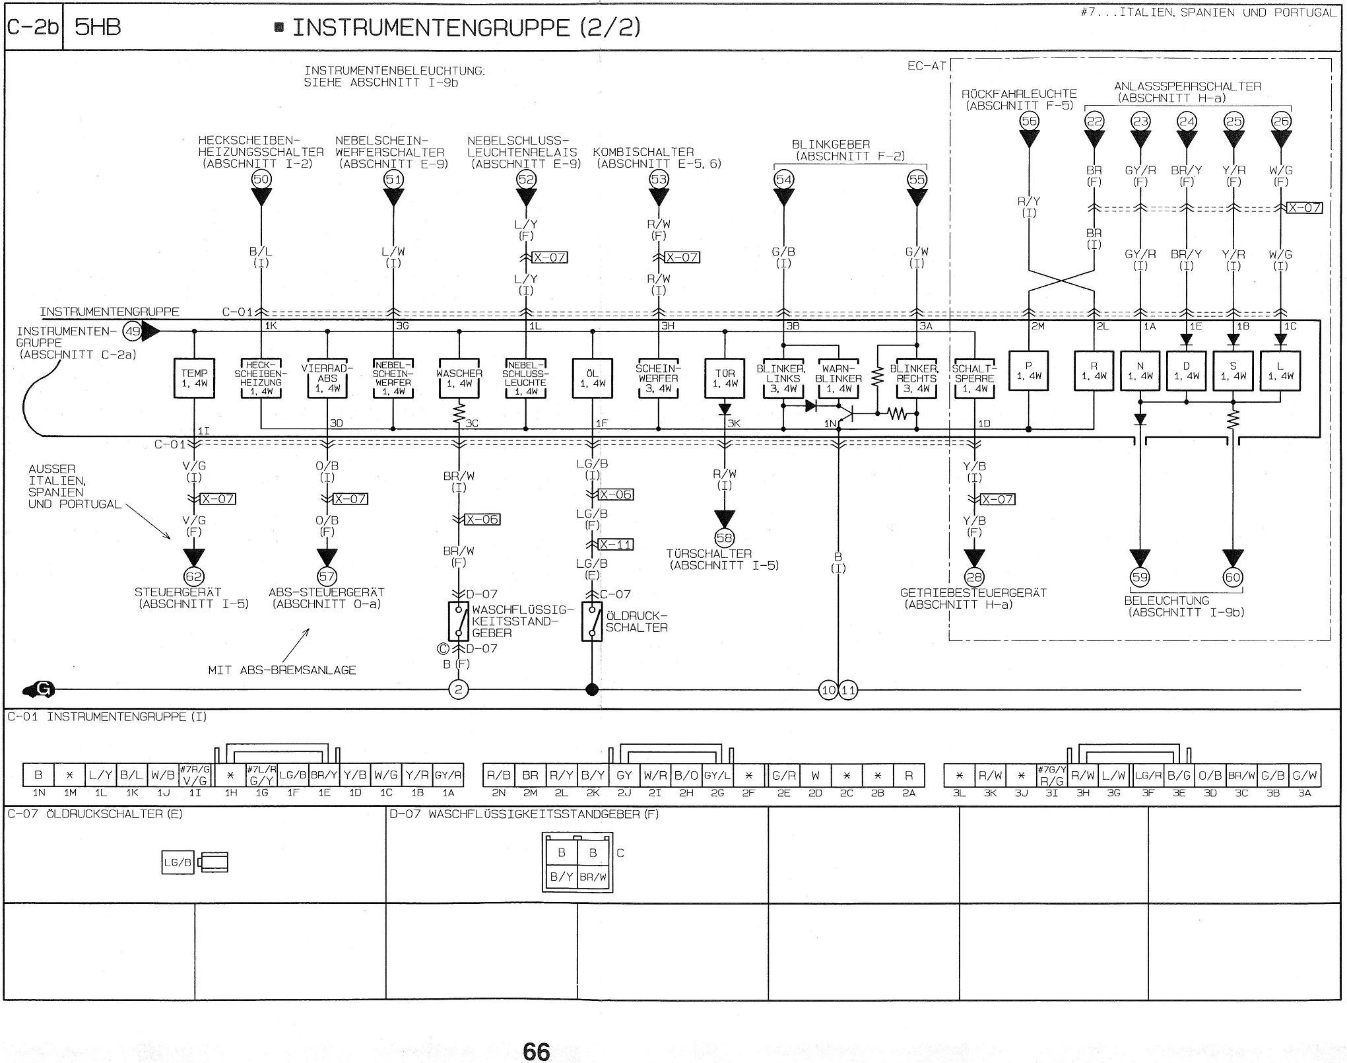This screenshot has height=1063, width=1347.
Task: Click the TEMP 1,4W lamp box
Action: pos(194,378)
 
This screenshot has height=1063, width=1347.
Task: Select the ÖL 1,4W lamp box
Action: pos(592,378)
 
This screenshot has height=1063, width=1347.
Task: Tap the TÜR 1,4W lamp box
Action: pos(725,378)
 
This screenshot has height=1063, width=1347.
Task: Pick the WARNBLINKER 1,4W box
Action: pos(838,378)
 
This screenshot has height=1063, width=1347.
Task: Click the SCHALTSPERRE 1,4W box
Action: pos(974,378)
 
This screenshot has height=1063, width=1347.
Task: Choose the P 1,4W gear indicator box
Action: pos(1028,371)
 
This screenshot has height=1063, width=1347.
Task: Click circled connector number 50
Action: pos(261,179)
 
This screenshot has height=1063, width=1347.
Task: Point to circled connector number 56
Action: pos(1028,121)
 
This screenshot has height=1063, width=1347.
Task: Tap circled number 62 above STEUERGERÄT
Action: pos(194,577)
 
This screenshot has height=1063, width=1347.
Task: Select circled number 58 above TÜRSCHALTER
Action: pos(725,538)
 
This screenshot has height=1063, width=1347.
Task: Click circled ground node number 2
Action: pos(458,690)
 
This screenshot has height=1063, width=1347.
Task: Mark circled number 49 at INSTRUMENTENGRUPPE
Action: pos(133,331)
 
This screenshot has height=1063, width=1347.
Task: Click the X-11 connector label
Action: pos(615,545)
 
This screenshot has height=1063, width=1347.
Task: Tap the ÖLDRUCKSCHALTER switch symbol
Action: pos(592,621)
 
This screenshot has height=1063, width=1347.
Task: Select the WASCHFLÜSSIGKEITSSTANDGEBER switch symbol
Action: pos(459,621)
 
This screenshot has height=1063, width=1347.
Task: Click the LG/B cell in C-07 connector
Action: pos(178,862)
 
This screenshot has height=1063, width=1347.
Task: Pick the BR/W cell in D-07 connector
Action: pos(593,877)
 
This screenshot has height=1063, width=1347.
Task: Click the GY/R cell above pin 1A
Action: pos(449,775)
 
